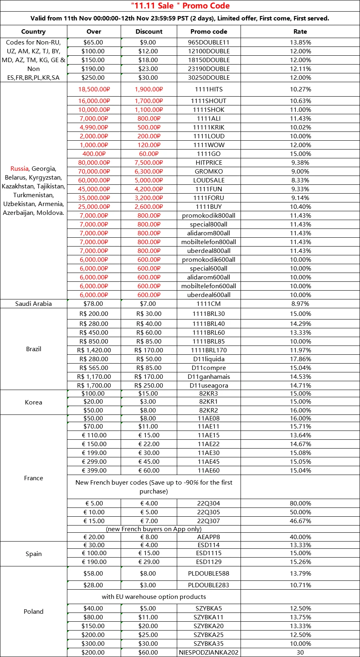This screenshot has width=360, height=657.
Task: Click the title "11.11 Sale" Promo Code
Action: point(180,6)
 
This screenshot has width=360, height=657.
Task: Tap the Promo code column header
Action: point(208,32)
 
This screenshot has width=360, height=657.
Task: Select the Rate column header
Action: point(300,32)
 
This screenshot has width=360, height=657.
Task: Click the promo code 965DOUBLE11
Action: point(208,42)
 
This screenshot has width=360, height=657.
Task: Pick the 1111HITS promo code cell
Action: point(208,89)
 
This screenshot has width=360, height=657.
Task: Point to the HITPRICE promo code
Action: point(208,163)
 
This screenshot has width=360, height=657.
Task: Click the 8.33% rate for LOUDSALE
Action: point(300,180)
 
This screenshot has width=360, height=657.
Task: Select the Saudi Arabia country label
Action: point(34,304)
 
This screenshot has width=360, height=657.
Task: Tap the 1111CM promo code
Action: point(208,304)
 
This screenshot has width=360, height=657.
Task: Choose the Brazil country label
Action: point(34,349)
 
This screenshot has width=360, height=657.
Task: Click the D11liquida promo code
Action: point(208,359)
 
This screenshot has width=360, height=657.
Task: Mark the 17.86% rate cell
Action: point(300,359)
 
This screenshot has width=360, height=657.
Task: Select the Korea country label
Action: point(34,402)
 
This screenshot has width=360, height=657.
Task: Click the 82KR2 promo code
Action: point(208,410)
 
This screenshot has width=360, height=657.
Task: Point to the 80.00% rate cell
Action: point(300,503)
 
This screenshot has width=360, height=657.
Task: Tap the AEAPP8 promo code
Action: point(208,537)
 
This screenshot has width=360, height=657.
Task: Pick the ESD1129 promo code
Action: point(208,562)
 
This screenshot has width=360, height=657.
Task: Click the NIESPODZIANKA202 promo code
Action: point(208,653)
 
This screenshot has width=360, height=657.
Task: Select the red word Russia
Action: point(19,169)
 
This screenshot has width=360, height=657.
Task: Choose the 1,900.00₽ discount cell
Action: point(148,89)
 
